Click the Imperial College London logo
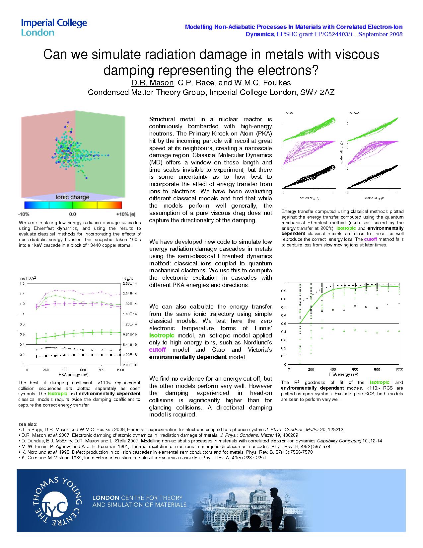pyautogui.click(x=54, y=27)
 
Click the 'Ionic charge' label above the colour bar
pyautogui.click(x=72, y=197)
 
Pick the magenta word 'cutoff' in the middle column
pyautogui.click(x=157, y=350)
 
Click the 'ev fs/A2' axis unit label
pyautogui.click(x=28, y=278)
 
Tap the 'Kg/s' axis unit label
pyautogui.click(x=128, y=278)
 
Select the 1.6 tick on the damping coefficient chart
pyautogui.click(x=22, y=283)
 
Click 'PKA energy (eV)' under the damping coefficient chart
pyautogui.click(x=74, y=375)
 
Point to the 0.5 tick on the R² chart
pyautogui.click(x=284, y=323)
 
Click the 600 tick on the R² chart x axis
pyautogui.click(x=355, y=369)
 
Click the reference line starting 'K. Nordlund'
pyautogui.click(x=166, y=452)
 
